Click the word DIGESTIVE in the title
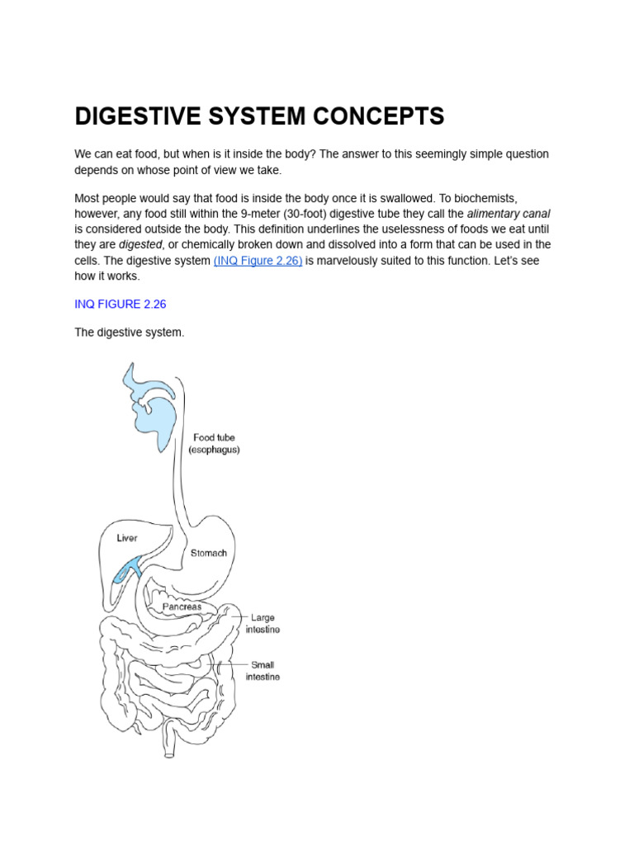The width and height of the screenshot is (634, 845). click(135, 116)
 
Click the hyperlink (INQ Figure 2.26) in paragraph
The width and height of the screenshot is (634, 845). click(258, 261)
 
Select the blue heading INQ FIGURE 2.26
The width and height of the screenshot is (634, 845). click(121, 304)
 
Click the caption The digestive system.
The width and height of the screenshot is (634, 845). click(130, 333)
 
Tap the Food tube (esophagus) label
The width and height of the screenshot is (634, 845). click(214, 443)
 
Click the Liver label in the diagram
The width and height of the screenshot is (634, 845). click(126, 538)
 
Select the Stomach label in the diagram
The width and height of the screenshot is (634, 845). click(208, 553)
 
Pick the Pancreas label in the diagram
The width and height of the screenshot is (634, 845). click(182, 606)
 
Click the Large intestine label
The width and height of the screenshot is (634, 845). click(262, 623)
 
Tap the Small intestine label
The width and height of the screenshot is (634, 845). click(262, 670)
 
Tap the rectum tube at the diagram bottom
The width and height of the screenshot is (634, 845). click(168, 743)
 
